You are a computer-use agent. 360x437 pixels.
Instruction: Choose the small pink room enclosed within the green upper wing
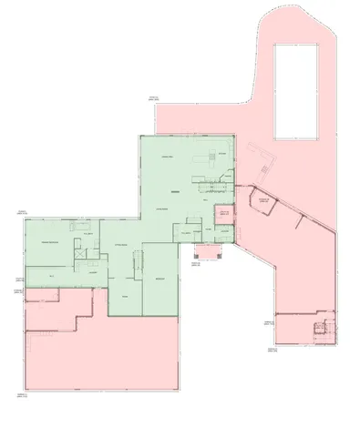pyautogui.click(x=222, y=216)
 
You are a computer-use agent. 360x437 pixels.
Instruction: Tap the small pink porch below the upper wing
pyautogui.click(x=209, y=250)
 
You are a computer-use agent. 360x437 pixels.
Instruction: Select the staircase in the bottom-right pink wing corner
pyautogui.click(x=321, y=329)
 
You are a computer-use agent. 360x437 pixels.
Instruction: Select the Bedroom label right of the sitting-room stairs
pyautogui.click(x=159, y=278)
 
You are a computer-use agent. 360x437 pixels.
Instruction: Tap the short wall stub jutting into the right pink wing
pyautogui.click(x=298, y=221)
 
